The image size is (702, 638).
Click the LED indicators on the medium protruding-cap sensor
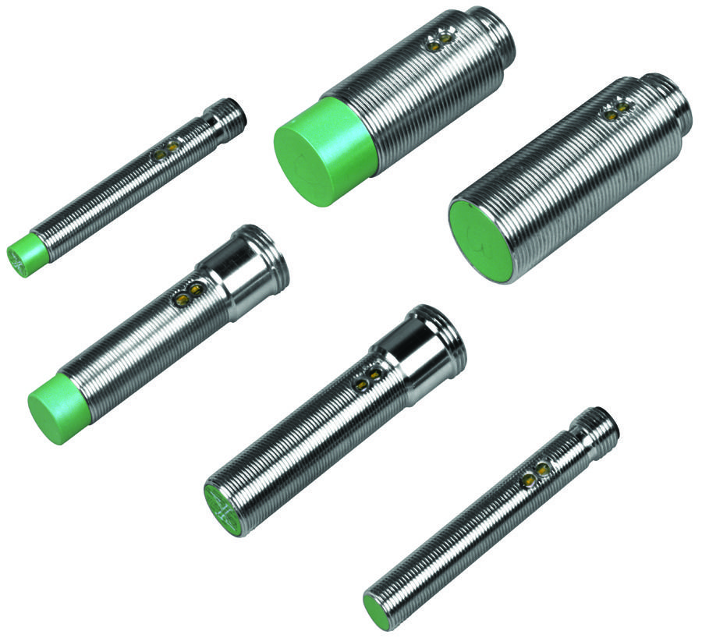tap(187, 293)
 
